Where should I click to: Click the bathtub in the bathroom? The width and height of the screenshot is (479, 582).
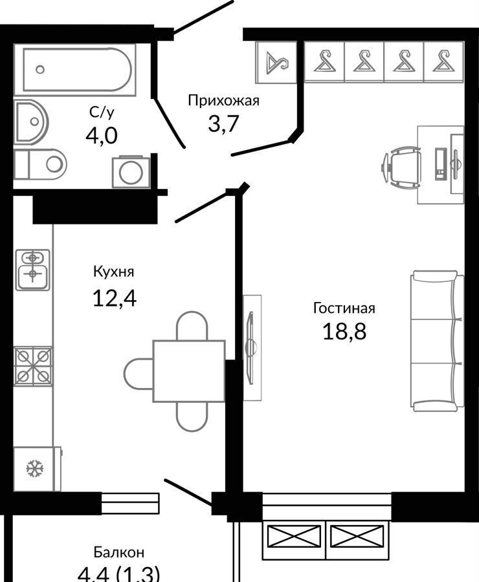pyautogui.click(x=74, y=70)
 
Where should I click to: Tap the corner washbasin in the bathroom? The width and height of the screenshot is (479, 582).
pyautogui.click(x=31, y=122)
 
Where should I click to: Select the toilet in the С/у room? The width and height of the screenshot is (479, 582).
pyautogui.click(x=40, y=164)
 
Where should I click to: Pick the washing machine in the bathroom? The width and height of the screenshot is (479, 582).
pyautogui.click(x=131, y=172)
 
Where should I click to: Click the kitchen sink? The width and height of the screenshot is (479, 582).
pyautogui.click(x=33, y=270)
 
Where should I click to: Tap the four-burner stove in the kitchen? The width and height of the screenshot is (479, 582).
pyautogui.click(x=33, y=367)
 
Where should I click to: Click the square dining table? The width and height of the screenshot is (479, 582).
pyautogui.click(x=189, y=371)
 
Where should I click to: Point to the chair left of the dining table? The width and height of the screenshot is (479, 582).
pyautogui.click(x=139, y=373)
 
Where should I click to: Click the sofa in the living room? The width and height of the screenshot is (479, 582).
pyautogui.click(x=438, y=341)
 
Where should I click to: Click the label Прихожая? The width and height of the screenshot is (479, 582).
pyautogui.click(x=223, y=101)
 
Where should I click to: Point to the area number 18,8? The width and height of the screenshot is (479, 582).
pyautogui.click(x=344, y=331)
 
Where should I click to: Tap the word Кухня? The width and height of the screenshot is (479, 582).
pyautogui.click(x=113, y=272)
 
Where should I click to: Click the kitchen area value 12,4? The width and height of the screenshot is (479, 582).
pyautogui.click(x=115, y=297)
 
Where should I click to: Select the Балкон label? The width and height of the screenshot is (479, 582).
pyautogui.click(x=119, y=553)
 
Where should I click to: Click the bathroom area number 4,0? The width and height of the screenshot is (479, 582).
pyautogui.click(x=102, y=136)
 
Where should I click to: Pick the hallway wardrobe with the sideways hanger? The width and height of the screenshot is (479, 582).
pyautogui.click(x=276, y=62)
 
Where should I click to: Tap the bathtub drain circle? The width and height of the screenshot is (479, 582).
pyautogui.click(x=40, y=69)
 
